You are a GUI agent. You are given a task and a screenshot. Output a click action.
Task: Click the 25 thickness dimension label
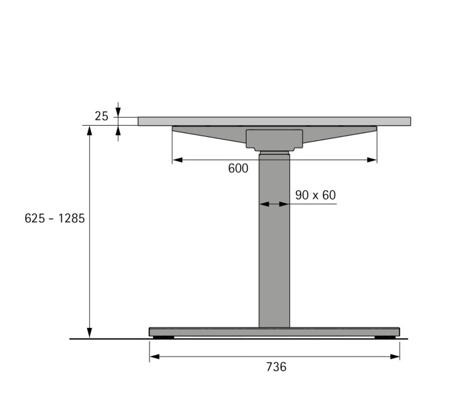tap(102, 116)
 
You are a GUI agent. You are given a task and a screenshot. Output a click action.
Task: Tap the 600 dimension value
tap(238, 168)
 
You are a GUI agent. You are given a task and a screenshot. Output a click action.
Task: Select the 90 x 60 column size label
tap(315, 196)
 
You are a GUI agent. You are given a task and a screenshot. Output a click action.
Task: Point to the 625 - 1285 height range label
tap(55, 218)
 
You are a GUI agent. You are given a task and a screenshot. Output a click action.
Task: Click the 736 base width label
tap(276, 367)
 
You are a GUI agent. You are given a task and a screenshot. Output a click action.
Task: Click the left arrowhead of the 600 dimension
tap(177, 160)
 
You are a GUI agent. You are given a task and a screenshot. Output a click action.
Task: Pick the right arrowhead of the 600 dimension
tap(372, 160)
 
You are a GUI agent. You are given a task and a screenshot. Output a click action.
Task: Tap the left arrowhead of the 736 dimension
tap(155, 356)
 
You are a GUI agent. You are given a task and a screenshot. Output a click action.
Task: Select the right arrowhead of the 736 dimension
tap(395, 356)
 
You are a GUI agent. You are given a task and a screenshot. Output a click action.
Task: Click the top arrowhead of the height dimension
tap(90, 130)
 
